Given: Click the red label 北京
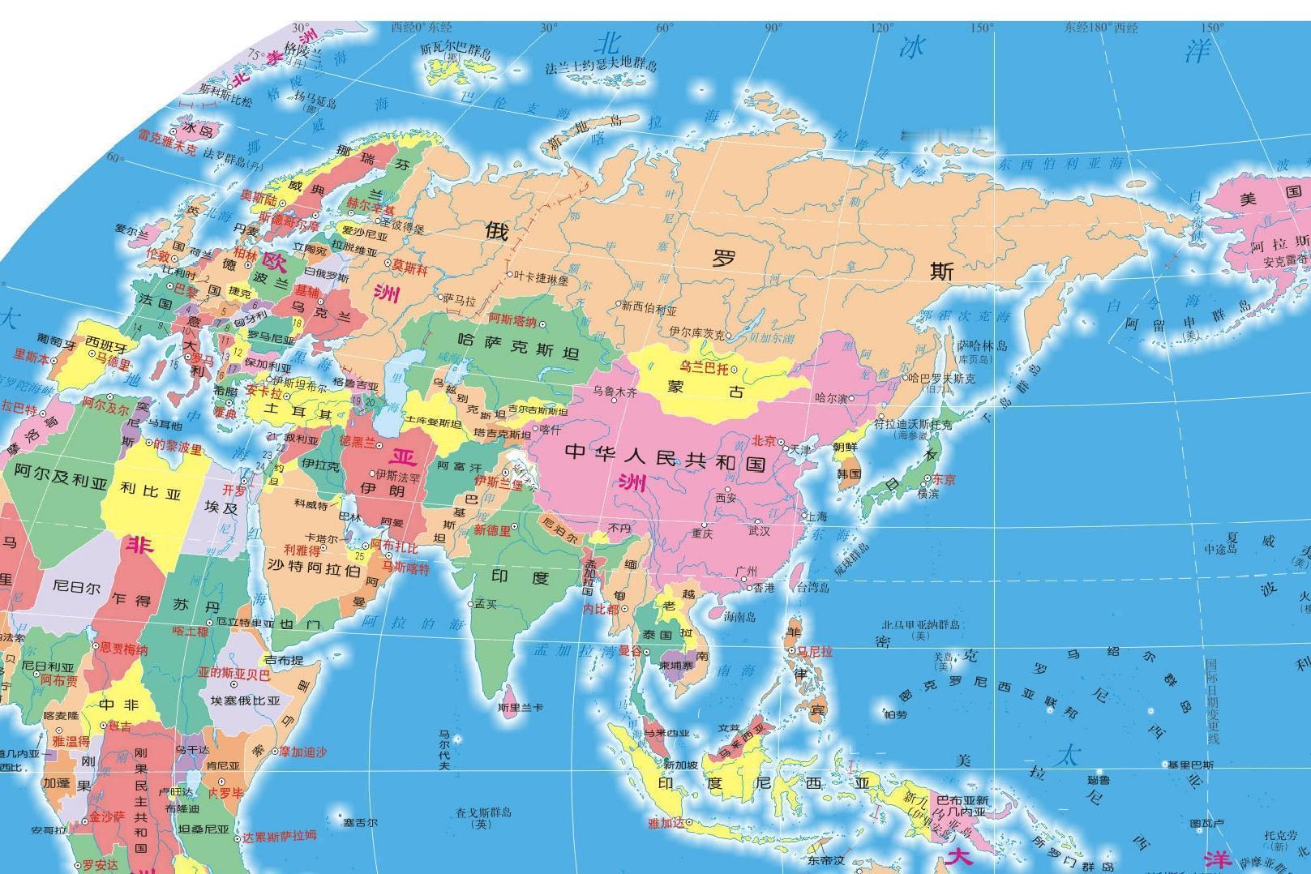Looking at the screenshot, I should coord(765,441).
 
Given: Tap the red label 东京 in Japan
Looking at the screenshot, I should coord(944,479).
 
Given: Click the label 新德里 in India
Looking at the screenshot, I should coord(492,529).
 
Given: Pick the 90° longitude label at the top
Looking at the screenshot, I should coord(773,28).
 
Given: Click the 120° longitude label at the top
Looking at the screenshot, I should coord(881,28).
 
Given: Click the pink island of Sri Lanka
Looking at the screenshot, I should coord(509,692).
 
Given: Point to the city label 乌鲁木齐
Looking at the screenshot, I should coord(615,392).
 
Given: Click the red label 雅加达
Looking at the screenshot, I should coord(666,823).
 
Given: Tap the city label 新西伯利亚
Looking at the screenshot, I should coord(649,309).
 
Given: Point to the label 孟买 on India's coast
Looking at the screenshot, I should coord(486,603).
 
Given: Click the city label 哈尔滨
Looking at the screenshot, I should coord(830,398).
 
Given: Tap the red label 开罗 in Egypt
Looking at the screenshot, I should coord(233,491).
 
